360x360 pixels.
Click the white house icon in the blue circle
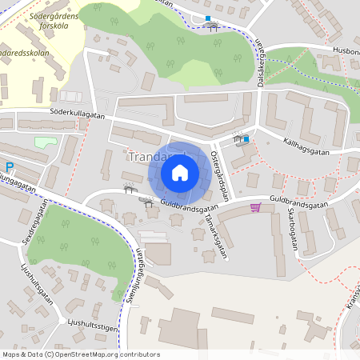(180, 173)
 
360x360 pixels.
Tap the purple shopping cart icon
(255, 207)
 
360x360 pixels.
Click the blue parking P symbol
(10, 167)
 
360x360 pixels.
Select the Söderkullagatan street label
(78, 115)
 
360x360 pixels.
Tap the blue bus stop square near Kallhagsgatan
(246, 139)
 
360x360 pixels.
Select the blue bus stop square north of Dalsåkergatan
(208, 18)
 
